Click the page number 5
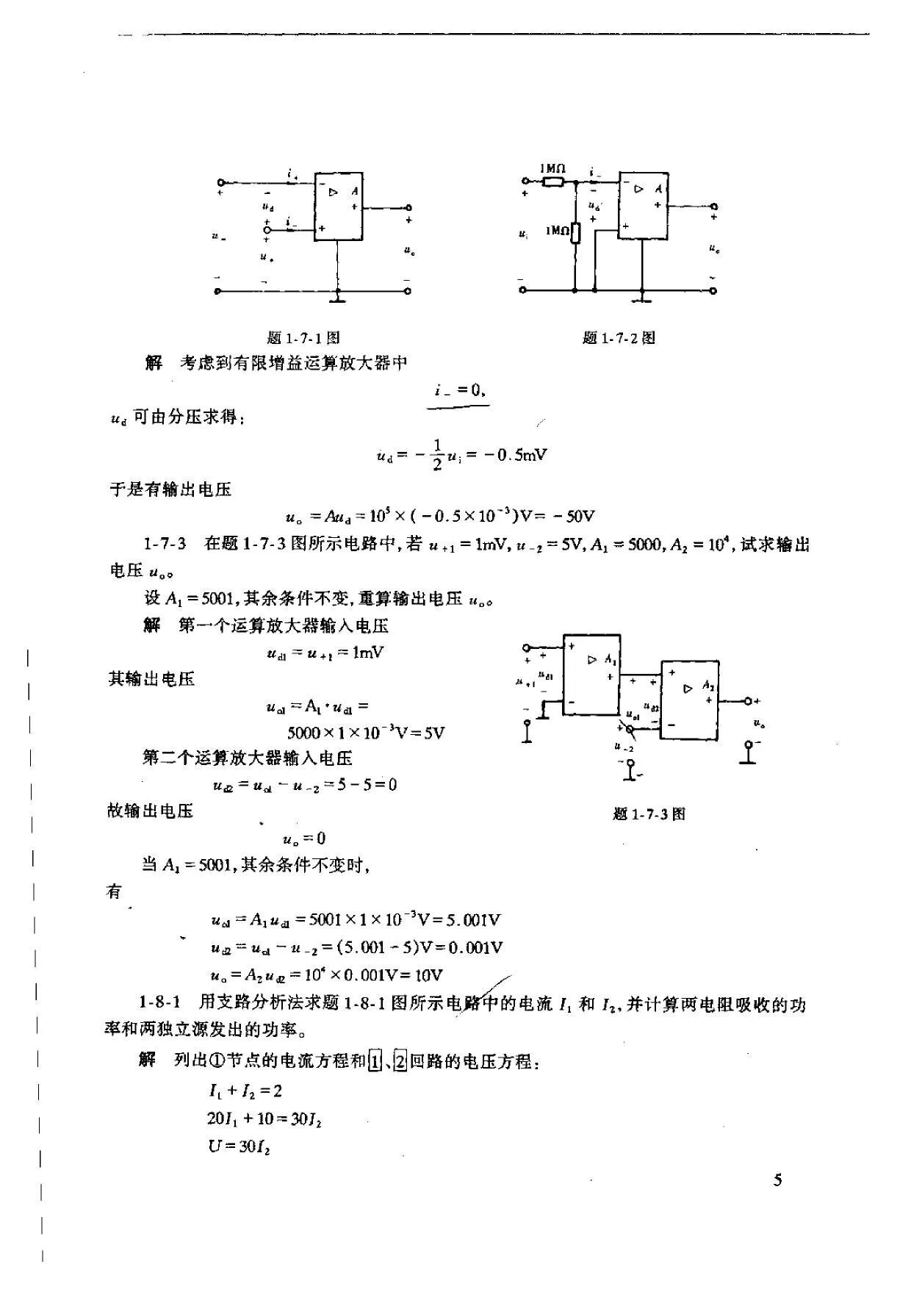click(778, 1181)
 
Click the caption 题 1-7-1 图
click(303, 338)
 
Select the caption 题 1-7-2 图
click(619, 338)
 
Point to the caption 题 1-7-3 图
click(649, 814)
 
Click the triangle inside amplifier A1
click(593, 660)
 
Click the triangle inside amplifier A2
click(688, 689)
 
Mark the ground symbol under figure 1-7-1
click(337, 298)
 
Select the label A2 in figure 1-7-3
click(708, 685)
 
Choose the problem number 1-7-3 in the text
click(165, 545)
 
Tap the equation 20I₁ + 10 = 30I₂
click(264, 1119)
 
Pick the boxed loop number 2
click(400, 1062)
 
